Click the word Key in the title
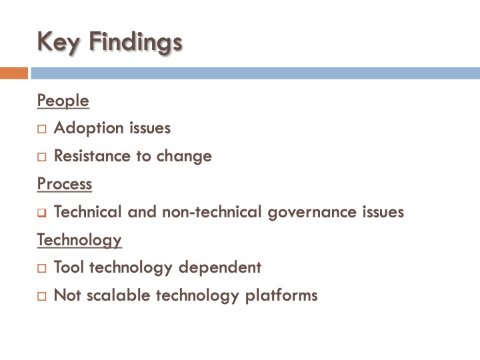(x=59, y=41)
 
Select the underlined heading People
(x=63, y=101)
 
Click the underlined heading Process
(x=65, y=183)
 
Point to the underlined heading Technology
(x=79, y=239)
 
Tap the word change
(x=184, y=157)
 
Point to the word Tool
(x=69, y=267)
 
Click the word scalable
(x=119, y=295)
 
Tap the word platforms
(x=282, y=295)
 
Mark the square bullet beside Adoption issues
(x=42, y=129)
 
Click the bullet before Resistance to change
(x=42, y=157)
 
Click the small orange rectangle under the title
(x=14, y=73)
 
